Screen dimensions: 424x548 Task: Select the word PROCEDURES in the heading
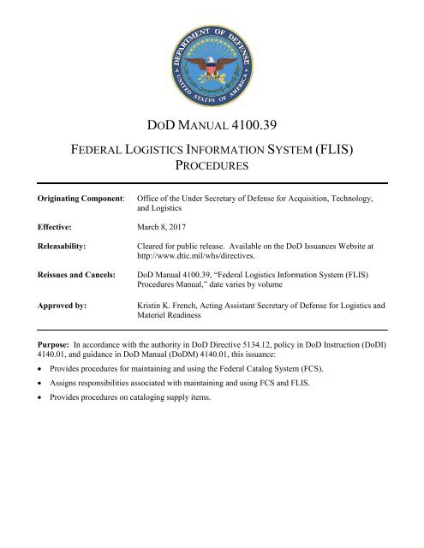pos(212,175)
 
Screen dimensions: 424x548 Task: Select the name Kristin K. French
pos(176,305)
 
